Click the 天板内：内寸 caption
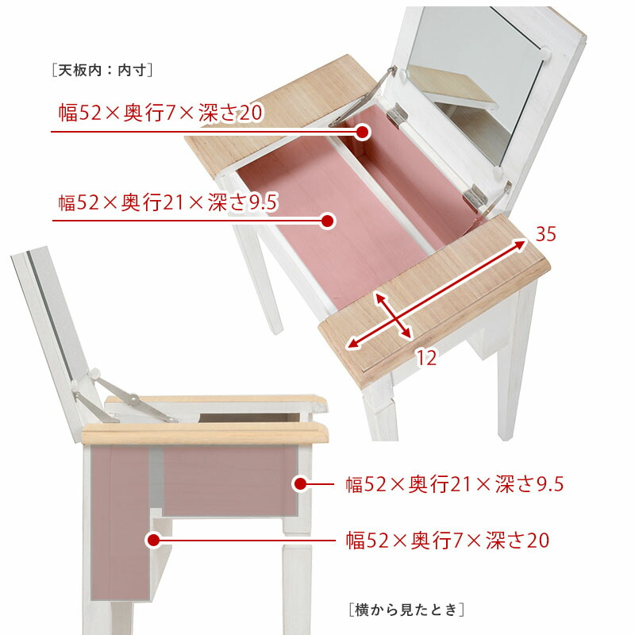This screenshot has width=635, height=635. click(101, 70)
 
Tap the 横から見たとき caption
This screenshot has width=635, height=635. click(406, 610)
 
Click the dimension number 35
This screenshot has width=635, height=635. click(545, 234)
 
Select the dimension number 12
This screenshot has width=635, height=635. click(426, 358)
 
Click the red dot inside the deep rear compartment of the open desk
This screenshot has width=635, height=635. click(363, 132)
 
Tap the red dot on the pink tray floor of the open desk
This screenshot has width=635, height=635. click(326, 221)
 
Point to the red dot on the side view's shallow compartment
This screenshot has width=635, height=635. click(301, 483)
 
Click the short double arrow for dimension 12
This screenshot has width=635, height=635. click(392, 314)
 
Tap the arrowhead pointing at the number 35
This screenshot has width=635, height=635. click(521, 242)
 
